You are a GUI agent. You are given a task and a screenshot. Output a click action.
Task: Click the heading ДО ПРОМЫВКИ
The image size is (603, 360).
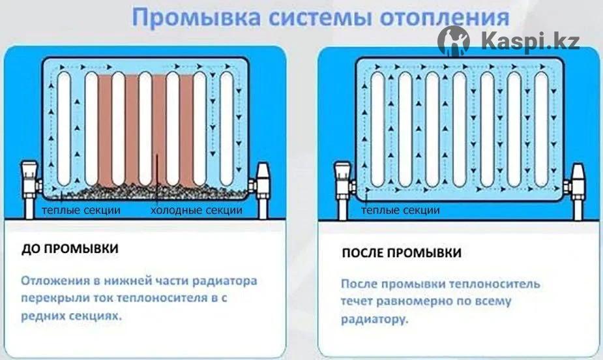pos(70,249)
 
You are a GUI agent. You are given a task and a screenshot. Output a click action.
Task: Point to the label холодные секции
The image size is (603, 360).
pos(196,211)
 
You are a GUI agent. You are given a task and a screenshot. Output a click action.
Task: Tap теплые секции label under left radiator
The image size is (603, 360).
pos(81,211)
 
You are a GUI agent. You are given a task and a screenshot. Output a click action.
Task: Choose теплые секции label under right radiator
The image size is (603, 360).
pos(400,211)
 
